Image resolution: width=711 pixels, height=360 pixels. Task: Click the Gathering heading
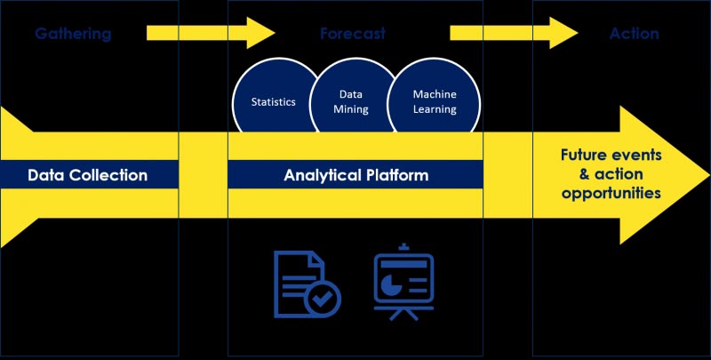[73, 35]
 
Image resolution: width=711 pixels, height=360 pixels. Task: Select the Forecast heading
[353, 35]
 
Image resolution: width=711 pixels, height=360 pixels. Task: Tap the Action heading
[634, 35]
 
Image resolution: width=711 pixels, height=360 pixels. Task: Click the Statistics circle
[273, 102]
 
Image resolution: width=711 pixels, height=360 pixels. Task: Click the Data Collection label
[87, 175]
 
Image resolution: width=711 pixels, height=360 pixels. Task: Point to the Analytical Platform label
[355, 175]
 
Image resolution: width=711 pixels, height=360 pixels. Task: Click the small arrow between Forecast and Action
[514, 34]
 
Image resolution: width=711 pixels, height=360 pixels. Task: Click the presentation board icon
[403, 280]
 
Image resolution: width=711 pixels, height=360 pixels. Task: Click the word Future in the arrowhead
[586, 155]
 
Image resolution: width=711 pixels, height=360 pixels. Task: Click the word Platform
[395, 175]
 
